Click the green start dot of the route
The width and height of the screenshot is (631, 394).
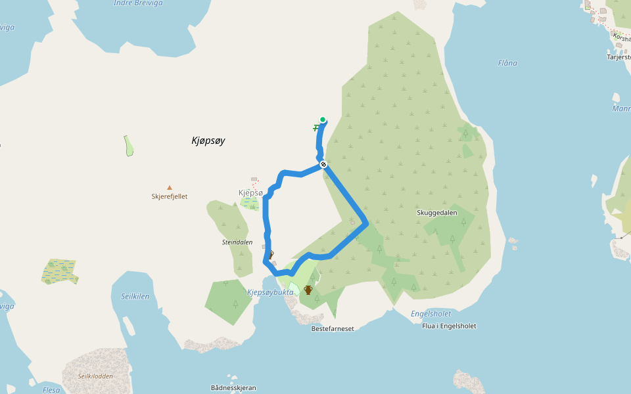(323, 120)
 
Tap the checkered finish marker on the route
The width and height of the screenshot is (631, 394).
(323, 164)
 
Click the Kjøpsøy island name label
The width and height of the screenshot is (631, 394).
(208, 141)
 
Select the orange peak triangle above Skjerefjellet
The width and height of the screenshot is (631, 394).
(170, 187)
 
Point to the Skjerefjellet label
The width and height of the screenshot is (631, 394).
(170, 196)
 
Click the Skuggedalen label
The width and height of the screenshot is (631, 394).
(437, 213)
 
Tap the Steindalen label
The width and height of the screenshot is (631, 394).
(237, 242)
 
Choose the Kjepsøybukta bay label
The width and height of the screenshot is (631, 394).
(270, 292)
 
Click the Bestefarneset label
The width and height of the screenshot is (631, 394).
(333, 328)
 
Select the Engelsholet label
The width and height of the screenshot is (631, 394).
(431, 314)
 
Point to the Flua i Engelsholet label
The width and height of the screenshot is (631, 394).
(449, 326)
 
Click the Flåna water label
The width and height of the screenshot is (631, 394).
(507, 63)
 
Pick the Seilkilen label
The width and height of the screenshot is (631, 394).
(135, 296)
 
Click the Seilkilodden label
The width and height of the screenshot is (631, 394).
(96, 376)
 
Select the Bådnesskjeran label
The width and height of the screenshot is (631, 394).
(233, 387)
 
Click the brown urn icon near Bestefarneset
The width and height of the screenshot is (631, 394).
(308, 290)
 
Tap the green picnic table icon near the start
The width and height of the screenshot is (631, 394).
(316, 127)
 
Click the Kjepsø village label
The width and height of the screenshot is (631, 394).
(250, 192)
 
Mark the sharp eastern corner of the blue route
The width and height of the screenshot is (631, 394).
(366, 223)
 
